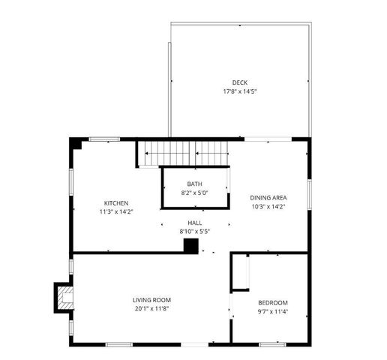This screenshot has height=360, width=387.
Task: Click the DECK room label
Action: point(239,82)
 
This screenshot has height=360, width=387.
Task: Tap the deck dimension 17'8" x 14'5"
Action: point(239,91)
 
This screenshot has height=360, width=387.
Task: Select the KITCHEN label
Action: point(116,203)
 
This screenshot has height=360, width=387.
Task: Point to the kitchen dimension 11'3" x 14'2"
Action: point(116,212)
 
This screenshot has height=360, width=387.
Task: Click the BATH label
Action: point(194,184)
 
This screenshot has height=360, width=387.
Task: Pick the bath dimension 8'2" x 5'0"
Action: point(194,193)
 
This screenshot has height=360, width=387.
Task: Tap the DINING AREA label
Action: point(268,198)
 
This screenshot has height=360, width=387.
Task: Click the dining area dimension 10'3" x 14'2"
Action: point(268,207)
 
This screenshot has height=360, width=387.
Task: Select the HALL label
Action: point(194,223)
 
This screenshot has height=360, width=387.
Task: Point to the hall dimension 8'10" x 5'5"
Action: point(194,232)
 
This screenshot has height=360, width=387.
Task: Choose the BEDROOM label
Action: point(273,282)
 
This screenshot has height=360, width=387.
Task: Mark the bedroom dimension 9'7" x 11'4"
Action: point(273,291)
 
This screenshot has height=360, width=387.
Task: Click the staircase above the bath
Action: point(183,154)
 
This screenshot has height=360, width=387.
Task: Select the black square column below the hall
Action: point(190,246)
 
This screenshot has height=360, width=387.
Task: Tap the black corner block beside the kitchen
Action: point(75,143)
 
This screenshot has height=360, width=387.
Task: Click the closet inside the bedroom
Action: point(240,272)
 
